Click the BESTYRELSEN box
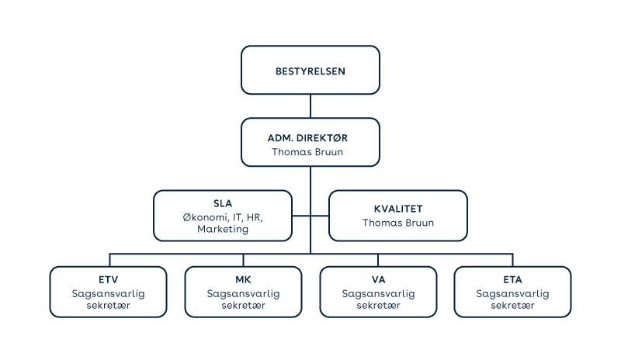click(x=310, y=71)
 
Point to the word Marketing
click(x=223, y=229)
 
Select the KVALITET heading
click(x=398, y=208)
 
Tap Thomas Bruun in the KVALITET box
click(x=398, y=223)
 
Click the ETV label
click(x=108, y=279)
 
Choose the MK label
click(x=243, y=279)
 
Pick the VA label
click(x=378, y=279)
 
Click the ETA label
click(x=512, y=279)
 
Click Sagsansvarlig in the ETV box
click(x=108, y=293)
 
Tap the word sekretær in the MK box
click(x=243, y=306)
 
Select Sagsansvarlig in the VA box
click(x=378, y=293)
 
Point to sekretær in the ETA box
click(x=512, y=306)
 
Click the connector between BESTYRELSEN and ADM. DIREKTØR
click(x=310, y=106)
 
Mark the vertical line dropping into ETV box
click(x=109, y=260)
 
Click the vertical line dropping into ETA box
click(x=512, y=260)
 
